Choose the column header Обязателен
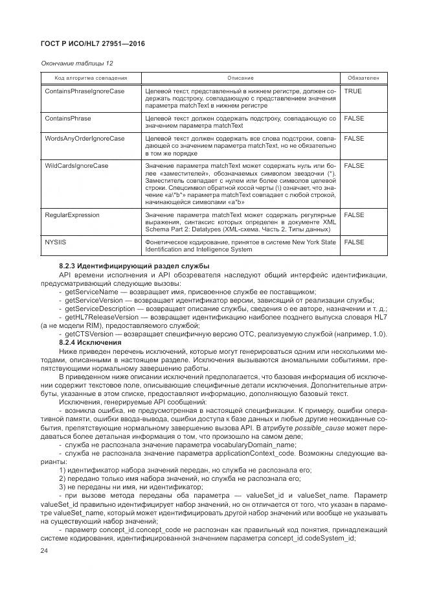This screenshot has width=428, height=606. coord(363,78)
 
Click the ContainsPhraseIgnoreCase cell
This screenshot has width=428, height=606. coord(85,91)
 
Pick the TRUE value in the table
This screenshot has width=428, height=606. coord(353,91)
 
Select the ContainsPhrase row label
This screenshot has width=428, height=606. coord(68,119)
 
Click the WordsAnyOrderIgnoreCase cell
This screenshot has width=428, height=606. coord(85,139)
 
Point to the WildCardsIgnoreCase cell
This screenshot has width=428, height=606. coord(76,166)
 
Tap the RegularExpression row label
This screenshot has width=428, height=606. coord(72,214)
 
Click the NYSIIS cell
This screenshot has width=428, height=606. coord(56,241)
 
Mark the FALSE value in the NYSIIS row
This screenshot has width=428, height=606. coord(354,241)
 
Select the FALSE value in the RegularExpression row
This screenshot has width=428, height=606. coord(354,214)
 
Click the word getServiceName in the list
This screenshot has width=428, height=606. coord(88,292)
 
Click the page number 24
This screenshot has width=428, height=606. coord(45,551)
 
